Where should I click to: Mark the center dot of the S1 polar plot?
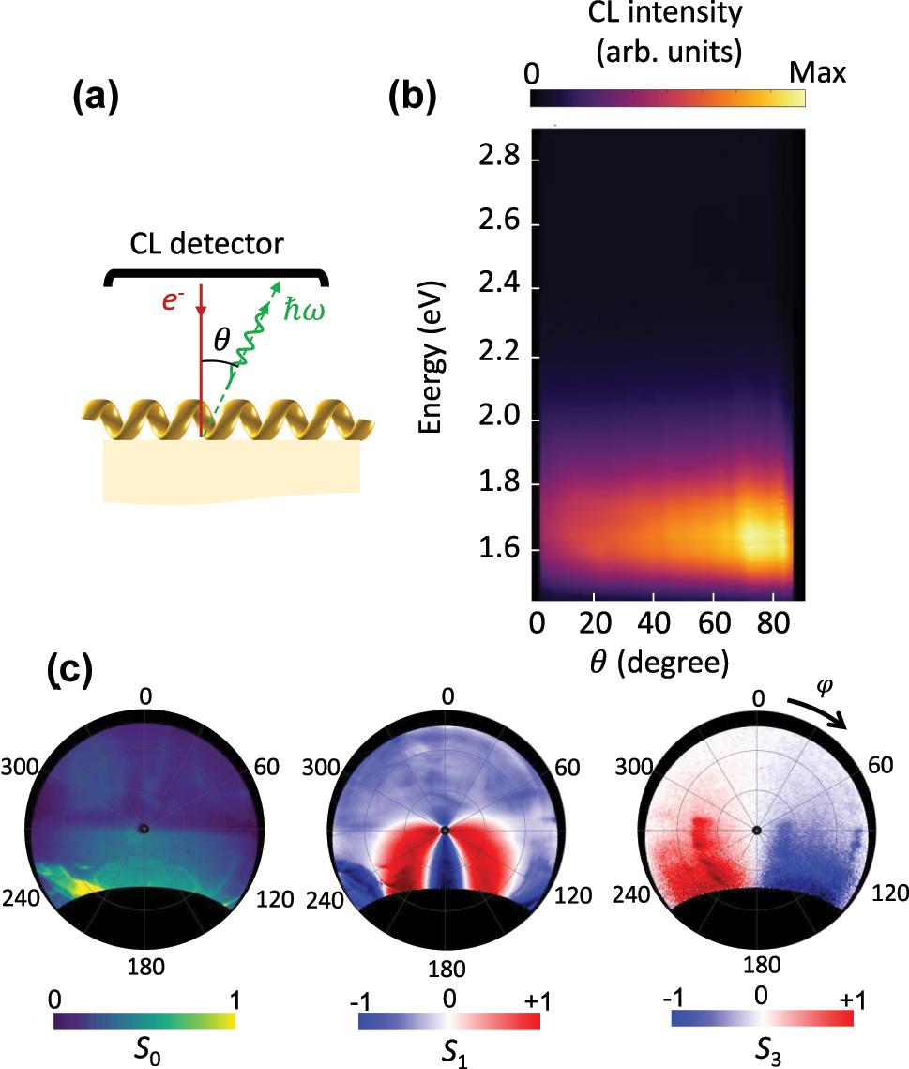click(446, 830)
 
